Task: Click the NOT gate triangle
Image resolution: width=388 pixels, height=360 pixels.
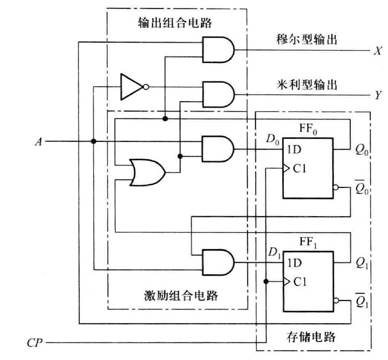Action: tap(130, 87)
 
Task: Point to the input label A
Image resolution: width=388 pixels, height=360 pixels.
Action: tap(38, 142)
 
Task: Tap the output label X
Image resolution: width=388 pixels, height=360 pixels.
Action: tap(378, 51)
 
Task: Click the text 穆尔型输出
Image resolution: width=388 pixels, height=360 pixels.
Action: tap(307, 39)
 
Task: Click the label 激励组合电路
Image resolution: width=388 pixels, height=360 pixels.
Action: tap(177, 296)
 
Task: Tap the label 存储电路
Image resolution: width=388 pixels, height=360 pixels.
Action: tap(311, 338)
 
